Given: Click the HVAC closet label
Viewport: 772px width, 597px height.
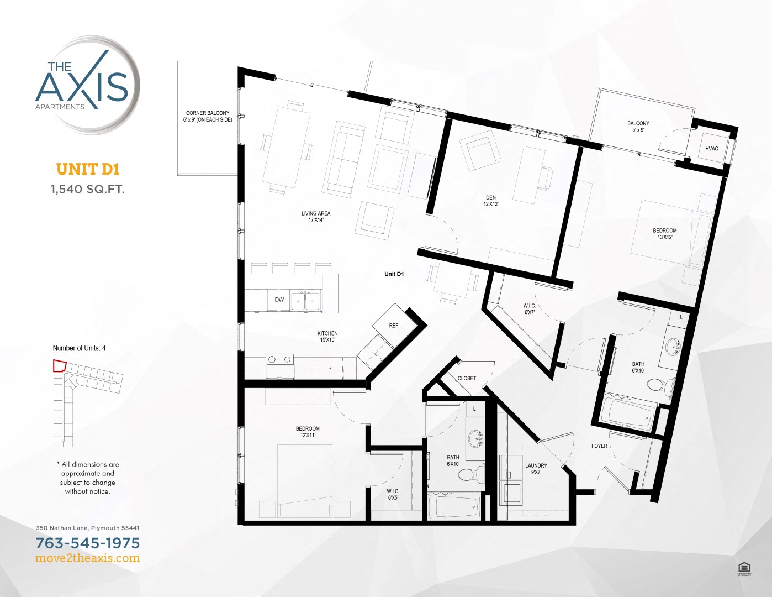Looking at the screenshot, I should click(711, 149).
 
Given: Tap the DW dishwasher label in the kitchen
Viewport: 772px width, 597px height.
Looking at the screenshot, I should click(279, 300).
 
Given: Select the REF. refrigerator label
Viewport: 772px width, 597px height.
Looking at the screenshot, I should click(394, 326).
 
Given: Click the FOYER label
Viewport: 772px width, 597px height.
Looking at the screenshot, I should click(599, 446).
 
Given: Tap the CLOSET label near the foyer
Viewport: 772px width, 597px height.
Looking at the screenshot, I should click(467, 379).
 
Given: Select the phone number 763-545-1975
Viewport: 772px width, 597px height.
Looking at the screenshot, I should click(88, 543).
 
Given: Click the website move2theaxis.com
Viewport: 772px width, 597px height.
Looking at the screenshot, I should click(88, 558).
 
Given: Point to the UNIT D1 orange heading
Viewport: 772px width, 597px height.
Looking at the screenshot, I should click(88, 169).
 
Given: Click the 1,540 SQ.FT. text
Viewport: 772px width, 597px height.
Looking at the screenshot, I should click(88, 189).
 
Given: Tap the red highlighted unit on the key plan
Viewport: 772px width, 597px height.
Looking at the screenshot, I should click(59, 366).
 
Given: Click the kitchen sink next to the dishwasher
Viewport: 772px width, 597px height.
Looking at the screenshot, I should click(305, 301).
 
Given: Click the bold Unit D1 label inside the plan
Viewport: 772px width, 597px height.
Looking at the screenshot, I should click(394, 274).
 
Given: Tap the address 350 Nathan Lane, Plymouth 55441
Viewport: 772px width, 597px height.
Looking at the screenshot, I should click(88, 528).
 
